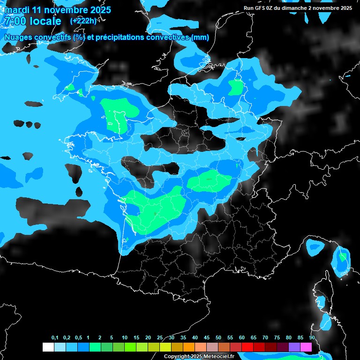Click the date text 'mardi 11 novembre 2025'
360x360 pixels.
pos(58,10)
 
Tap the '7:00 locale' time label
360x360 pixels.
pos(32,21)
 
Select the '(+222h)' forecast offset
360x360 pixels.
pos(83,21)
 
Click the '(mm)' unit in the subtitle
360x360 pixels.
pos(200,37)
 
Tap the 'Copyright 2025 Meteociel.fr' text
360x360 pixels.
pos(199,357)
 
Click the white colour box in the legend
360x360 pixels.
pos(48,347)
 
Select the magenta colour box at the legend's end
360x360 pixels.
pos(306,347)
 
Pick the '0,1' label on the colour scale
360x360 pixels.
pos(55,338)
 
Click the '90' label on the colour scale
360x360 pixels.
pos(312,338)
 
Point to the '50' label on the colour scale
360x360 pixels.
pos(218,338)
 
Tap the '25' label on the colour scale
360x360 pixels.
pos(160,338)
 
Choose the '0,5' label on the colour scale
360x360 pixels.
pos(78,338)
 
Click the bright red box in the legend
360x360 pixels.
pos(247,347)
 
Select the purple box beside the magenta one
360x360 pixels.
pos(294,347)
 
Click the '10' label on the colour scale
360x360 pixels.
pos(125,338)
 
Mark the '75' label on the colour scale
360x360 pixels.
pos(277,338)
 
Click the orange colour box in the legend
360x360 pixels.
pos(189,347)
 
